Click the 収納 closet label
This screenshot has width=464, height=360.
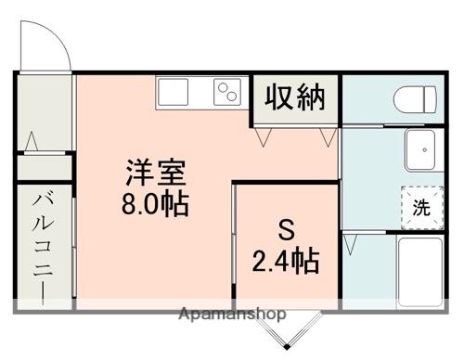(x=296, y=97)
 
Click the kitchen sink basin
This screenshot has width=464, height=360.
(x=174, y=92)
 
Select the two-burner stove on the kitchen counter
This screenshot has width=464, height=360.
(x=228, y=93)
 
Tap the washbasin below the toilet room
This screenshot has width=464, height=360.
(x=424, y=149)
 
